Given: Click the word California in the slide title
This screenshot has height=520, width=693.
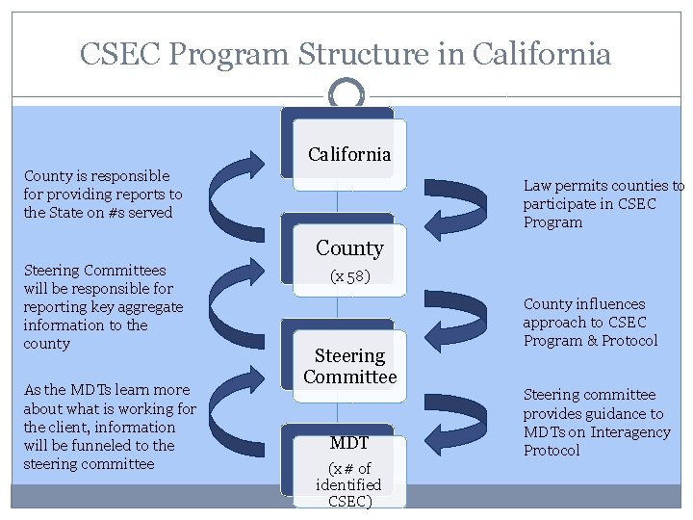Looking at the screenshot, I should (x=542, y=54).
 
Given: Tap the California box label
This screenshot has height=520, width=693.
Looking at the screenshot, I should (x=349, y=154).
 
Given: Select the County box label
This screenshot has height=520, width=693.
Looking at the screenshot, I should (x=349, y=248).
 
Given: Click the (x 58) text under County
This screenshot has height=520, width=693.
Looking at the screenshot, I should (x=349, y=276).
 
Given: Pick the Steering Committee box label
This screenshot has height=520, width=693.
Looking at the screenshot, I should (x=349, y=367).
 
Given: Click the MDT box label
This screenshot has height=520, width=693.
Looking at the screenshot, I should (x=349, y=443).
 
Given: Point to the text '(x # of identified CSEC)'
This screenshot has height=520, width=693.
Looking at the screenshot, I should (x=348, y=484).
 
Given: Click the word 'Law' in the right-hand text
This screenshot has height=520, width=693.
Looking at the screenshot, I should (x=537, y=185).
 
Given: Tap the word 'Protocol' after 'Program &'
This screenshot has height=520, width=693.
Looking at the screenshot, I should (x=629, y=341).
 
